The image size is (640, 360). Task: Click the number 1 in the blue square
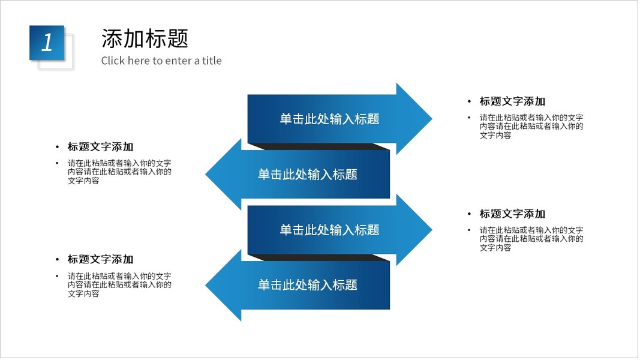[47, 43]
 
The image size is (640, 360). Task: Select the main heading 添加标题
[145, 38]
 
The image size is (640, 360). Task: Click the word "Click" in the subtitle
[113, 61]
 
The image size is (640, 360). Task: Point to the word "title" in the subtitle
[212, 61]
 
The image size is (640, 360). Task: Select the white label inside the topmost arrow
[329, 119]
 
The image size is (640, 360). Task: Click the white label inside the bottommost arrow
[307, 285]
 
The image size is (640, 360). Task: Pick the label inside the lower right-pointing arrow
[329, 230]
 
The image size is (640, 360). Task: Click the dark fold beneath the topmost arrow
[318, 146]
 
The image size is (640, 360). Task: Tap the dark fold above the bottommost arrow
[318, 257]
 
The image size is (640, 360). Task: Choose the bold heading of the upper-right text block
[512, 101]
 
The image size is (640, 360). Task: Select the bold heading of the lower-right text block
[512, 214]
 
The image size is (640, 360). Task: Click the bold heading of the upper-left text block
[100, 147]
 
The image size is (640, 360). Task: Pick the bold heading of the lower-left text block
[100, 259]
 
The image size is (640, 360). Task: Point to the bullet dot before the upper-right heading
[470, 101]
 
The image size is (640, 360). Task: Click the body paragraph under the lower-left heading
[119, 285]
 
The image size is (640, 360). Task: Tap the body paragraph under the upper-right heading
[531, 127]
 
